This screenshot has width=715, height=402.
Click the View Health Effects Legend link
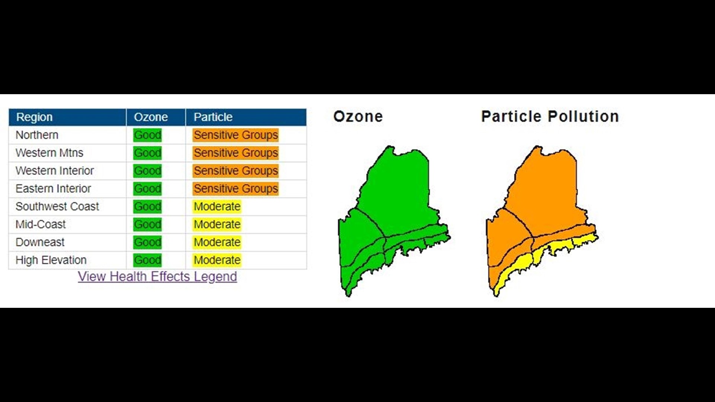(157, 277)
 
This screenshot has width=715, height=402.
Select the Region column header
(34, 117)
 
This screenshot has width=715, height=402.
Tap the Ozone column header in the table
(151, 117)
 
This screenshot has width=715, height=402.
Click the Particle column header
(213, 117)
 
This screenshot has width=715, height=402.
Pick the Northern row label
(37, 135)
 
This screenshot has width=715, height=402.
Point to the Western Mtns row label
(49, 153)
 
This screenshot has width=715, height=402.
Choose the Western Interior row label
(54, 171)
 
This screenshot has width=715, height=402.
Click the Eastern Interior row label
(53, 189)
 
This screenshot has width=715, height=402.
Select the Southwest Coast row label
(57, 207)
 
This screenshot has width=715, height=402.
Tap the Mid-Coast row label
(41, 224)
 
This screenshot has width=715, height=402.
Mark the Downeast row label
(40, 242)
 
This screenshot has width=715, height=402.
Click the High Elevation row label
(51, 260)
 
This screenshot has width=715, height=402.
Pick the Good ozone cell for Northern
(147, 135)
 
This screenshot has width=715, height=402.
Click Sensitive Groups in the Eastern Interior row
(236, 189)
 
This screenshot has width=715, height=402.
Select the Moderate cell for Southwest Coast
(217, 207)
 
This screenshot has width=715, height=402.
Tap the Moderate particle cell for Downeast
(217, 242)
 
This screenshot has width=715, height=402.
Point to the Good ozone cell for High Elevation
(147, 260)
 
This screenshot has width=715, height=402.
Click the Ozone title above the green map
(358, 117)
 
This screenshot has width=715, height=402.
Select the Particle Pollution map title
(550, 117)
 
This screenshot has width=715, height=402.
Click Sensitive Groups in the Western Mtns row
(236, 153)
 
